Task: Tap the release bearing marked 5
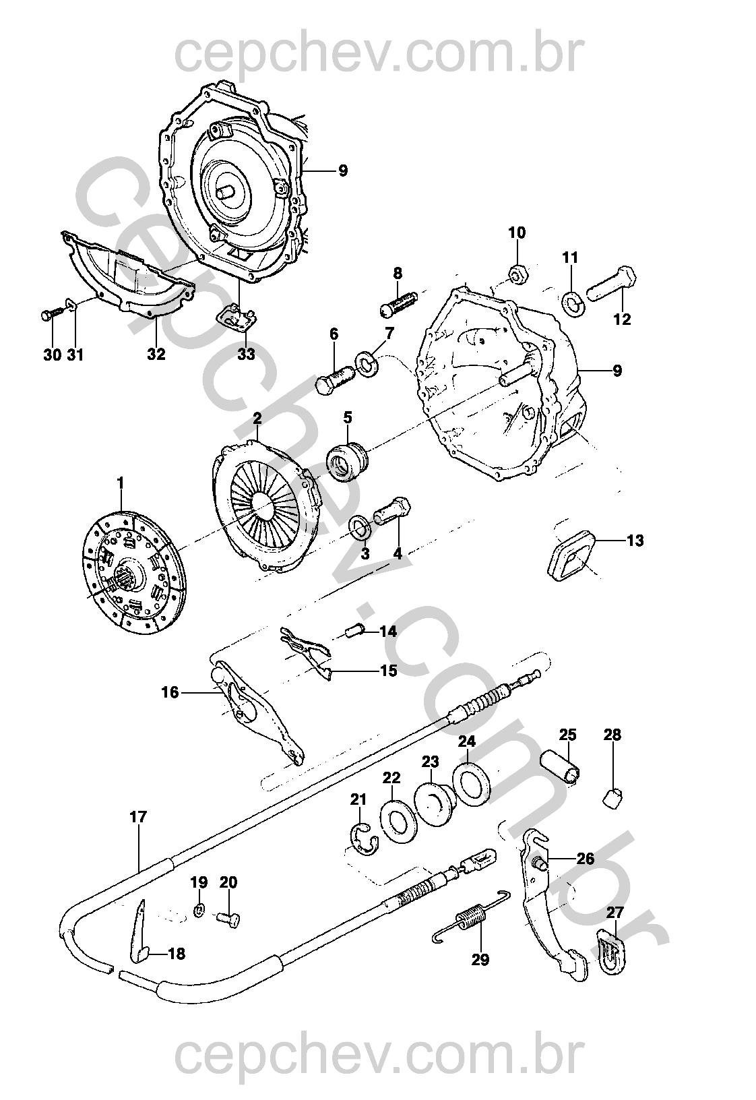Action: pos(348,460)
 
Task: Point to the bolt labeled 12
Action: pos(611,284)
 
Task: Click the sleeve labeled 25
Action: pos(561,770)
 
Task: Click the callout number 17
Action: pos(138,818)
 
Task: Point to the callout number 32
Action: pos(156,353)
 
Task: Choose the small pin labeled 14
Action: pos(354,630)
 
